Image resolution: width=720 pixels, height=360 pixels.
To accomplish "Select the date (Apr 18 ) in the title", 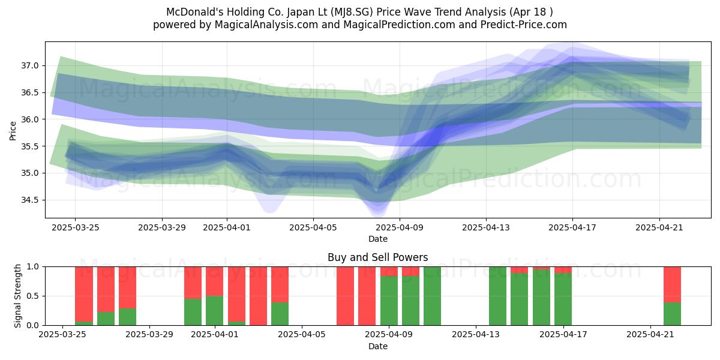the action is click(x=531, y=12).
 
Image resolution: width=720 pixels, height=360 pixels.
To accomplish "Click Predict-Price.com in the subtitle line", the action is click(x=524, y=25).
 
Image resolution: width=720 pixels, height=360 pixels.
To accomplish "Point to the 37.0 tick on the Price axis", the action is click(x=30, y=66).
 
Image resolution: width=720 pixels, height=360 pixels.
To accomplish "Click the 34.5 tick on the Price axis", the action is click(x=30, y=200).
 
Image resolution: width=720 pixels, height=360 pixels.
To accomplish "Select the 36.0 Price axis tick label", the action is click(x=30, y=119).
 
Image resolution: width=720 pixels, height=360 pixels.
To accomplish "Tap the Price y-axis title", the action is click(x=13, y=131).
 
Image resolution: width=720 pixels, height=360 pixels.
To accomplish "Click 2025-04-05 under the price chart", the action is click(x=313, y=227).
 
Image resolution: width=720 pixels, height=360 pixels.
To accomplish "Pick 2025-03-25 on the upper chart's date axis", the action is click(x=75, y=227).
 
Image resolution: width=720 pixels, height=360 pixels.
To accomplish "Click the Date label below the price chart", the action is click(x=378, y=239).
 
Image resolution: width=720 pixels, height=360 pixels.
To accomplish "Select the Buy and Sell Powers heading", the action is click(x=377, y=257).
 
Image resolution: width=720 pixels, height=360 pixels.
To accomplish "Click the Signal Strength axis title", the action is click(x=17, y=296).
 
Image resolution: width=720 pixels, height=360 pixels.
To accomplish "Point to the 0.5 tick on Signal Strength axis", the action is click(x=33, y=296).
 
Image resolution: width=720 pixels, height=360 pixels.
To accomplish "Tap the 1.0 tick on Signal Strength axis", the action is click(x=33, y=266).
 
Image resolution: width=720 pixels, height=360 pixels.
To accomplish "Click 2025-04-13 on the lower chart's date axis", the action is click(x=476, y=334).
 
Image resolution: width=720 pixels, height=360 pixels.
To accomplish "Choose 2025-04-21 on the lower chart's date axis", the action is click(x=650, y=334).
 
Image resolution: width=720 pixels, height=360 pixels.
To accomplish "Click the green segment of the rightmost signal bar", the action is click(x=673, y=314).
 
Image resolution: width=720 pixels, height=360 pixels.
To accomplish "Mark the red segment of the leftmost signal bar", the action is click(x=84, y=294).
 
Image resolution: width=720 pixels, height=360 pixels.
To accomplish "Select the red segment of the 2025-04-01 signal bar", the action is click(x=214, y=281).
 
